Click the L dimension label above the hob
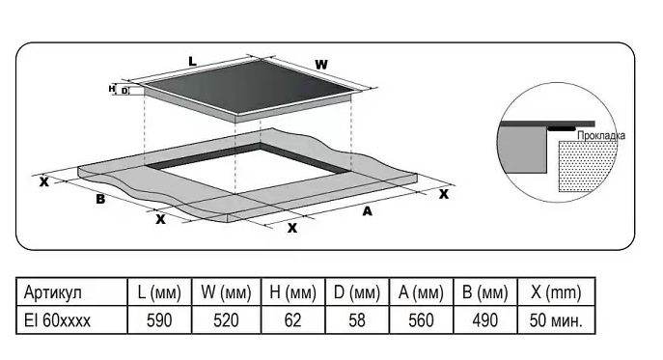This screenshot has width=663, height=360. pyautogui.click(x=192, y=62)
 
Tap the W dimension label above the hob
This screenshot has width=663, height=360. pyautogui.click(x=321, y=65)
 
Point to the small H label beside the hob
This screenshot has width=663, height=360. pyautogui.click(x=112, y=89)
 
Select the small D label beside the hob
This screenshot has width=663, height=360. pyautogui.click(x=124, y=91)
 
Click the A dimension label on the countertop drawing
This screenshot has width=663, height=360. pyautogui.click(x=367, y=210)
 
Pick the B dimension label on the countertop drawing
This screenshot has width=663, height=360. pyautogui.click(x=100, y=199)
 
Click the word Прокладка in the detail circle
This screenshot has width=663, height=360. pyautogui.click(x=601, y=136)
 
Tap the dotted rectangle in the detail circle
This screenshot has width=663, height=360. pyautogui.click(x=586, y=166)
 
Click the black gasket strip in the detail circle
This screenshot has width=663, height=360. pyautogui.click(x=562, y=127)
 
